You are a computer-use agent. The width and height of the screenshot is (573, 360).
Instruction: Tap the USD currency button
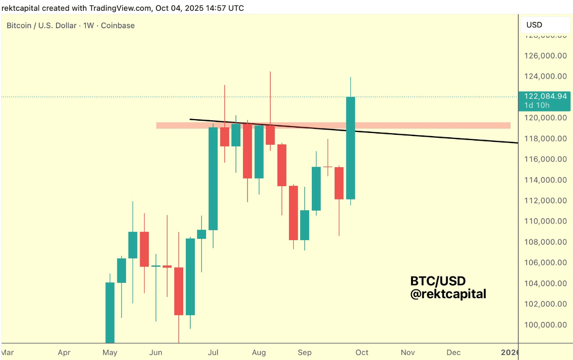pyautogui.click(x=534, y=25)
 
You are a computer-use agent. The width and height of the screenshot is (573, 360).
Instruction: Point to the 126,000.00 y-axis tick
pyautogui.click(x=544, y=55)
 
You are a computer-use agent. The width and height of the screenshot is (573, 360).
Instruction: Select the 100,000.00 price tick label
pyautogui.click(x=544, y=325)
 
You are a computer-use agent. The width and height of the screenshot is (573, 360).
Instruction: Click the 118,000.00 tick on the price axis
pyautogui.click(x=544, y=138)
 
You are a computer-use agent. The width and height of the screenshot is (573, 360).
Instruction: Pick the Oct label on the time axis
pyautogui.click(x=362, y=353)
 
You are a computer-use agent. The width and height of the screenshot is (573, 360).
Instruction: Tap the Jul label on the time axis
pyautogui.click(x=213, y=353)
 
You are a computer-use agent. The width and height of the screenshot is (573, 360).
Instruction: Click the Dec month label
pyautogui.click(x=454, y=353)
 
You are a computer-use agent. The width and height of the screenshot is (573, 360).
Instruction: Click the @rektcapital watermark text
pyautogui.click(x=448, y=294)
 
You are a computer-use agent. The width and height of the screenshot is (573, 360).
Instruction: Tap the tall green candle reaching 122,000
pyautogui.click(x=350, y=147)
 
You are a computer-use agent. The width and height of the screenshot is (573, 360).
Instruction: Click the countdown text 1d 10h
pyautogui.click(x=538, y=105)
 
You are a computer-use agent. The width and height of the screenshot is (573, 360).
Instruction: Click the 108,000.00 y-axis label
pyautogui.click(x=544, y=242)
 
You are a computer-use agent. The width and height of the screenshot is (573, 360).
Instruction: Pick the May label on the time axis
pyautogui.click(x=110, y=353)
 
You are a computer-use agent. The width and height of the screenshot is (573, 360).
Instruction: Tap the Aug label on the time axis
pyautogui.click(x=259, y=353)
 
